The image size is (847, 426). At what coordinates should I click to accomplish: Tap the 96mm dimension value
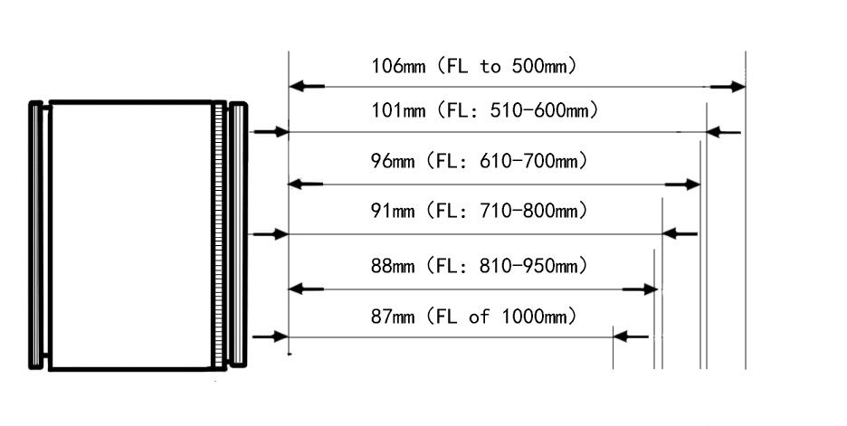(x=393, y=161)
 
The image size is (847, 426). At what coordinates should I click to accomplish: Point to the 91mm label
(x=393, y=210)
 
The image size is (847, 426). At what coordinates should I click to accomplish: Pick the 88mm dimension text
(x=393, y=266)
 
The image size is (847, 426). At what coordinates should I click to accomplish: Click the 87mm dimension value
(x=393, y=316)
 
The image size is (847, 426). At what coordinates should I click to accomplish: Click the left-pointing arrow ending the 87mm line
(x=631, y=337)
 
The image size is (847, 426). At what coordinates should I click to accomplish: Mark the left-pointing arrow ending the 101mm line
(x=724, y=132)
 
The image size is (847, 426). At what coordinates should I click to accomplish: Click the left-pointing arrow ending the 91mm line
(x=680, y=233)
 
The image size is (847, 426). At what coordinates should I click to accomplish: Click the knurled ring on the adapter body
(x=219, y=235)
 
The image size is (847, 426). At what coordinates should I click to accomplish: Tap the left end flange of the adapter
(x=36, y=235)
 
